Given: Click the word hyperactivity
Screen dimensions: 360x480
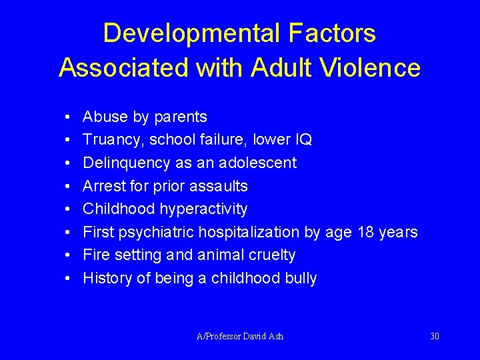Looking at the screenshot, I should pyautogui.click(x=203, y=209).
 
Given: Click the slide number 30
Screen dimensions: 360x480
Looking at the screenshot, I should pyautogui.click(x=435, y=336).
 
